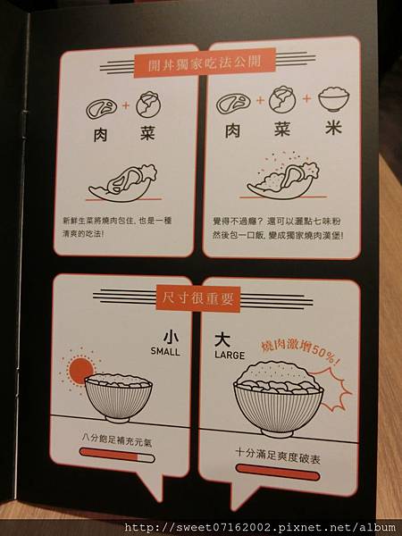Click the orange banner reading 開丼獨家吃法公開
click(205, 63)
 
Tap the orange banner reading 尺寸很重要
click(198, 299)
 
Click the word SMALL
click(165, 351)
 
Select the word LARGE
click(230, 355)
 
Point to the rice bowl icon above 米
click(333, 98)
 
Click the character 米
click(333, 128)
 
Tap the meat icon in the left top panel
click(101, 108)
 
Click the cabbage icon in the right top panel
click(282, 99)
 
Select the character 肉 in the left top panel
click(100, 135)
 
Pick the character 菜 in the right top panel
click(282, 130)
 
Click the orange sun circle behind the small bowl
click(80, 371)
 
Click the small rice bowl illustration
click(118, 398)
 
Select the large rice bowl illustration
click(278, 399)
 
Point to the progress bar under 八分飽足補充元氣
click(117, 455)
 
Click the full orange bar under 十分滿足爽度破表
click(278, 473)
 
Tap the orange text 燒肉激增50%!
click(301, 350)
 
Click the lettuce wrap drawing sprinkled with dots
click(283, 178)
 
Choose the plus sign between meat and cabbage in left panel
click(126, 105)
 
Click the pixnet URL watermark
click(261, 528)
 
